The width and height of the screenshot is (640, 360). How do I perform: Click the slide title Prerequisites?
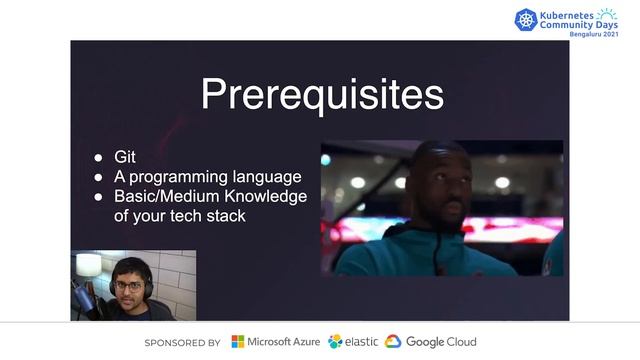(321, 95)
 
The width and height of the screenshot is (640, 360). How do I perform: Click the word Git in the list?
(125, 157)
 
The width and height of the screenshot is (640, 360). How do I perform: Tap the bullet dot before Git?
(98, 158)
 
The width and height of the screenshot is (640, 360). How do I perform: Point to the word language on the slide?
(266, 177)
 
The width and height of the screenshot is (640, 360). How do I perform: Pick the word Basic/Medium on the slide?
(161, 196)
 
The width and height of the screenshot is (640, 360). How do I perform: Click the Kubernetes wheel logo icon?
(526, 19)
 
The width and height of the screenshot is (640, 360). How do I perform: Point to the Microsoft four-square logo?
(237, 342)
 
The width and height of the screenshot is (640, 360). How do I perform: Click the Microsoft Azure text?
(284, 342)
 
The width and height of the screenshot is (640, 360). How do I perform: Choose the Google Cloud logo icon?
(393, 342)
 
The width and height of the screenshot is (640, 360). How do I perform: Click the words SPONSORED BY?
(182, 342)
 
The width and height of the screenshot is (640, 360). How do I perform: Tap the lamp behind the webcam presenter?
(88, 265)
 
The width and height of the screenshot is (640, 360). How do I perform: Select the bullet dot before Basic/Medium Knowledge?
(98, 197)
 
